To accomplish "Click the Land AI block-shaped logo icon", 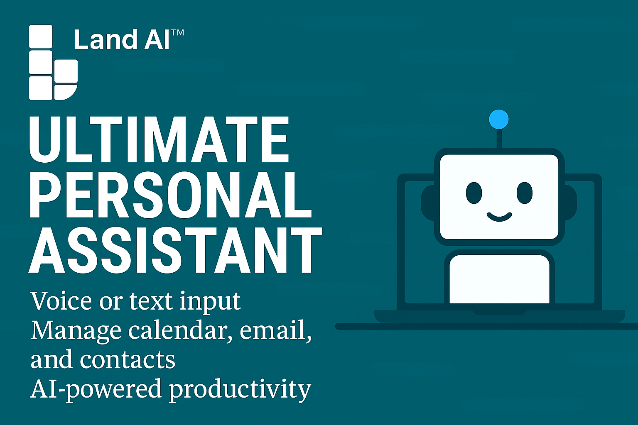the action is [53, 62].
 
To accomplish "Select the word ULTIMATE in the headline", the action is [159, 139].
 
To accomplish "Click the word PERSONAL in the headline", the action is [170, 195].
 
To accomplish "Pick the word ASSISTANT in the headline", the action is [175, 250].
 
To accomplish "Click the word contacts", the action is [128, 360].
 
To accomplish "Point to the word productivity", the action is [240, 390].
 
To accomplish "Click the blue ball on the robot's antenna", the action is [499, 119].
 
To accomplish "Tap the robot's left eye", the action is [474, 193].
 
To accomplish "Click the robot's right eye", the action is [524, 193].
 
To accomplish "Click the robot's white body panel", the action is [499, 279].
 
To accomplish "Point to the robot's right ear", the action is [570, 203].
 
